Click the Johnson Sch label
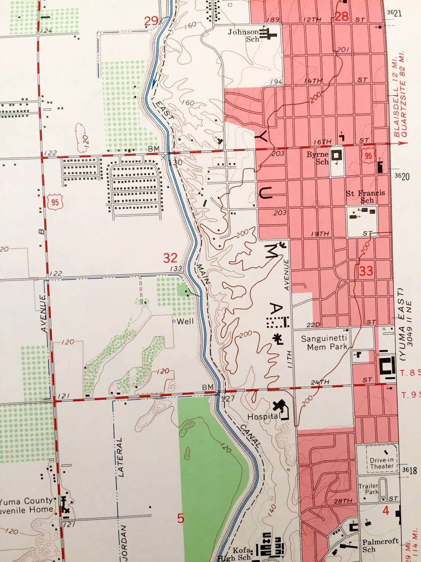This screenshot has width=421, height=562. point(244,35)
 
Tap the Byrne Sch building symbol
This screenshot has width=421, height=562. point(337,155)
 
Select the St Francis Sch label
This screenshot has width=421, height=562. point(365,196)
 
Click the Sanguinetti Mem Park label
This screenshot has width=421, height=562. point(324,342)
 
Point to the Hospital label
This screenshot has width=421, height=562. point(263,417)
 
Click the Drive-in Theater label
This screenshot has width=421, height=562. point(381,463)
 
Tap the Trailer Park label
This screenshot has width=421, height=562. point(369,489)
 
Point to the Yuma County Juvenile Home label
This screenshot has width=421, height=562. point(27,505)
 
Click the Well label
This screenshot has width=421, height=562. point(185,321)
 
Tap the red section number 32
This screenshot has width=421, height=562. point(170,258)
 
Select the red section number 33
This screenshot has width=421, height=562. point(366,271)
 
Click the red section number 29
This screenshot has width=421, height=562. point(151,21)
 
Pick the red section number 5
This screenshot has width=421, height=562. point(180,518)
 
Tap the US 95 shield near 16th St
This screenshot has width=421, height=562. point(368,155)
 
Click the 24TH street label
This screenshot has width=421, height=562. point(320,382)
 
